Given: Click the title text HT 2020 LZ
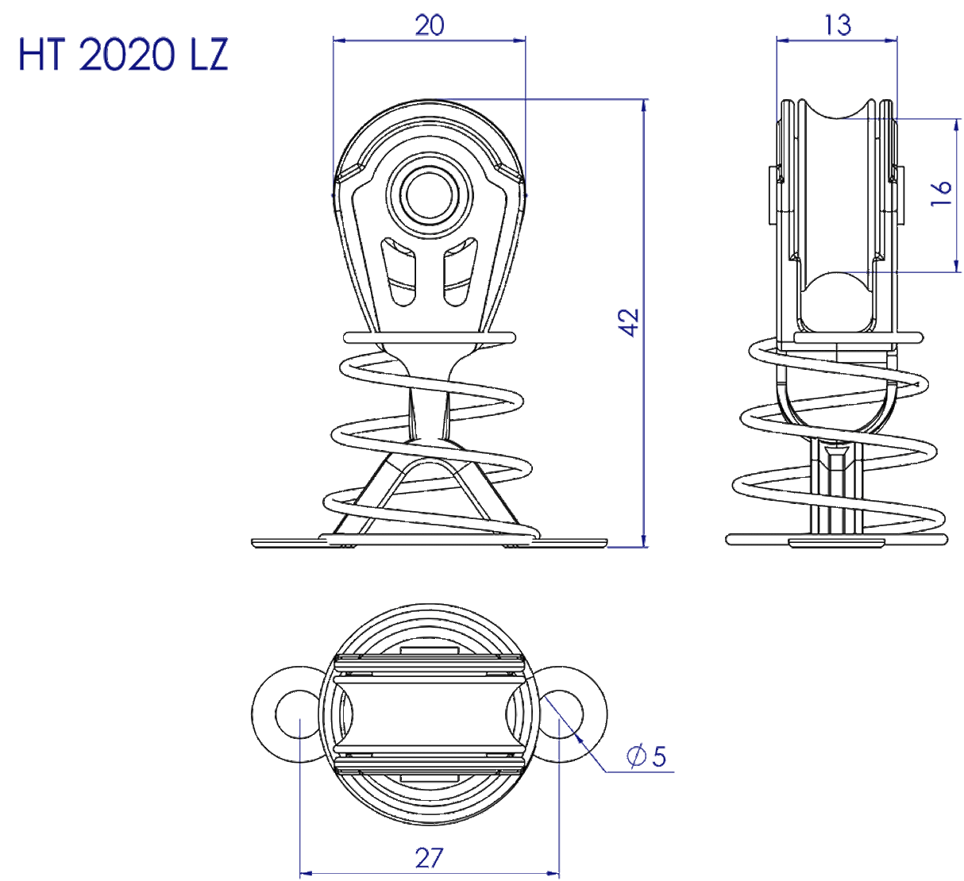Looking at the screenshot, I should click(x=123, y=56).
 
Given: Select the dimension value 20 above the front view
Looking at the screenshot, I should click(x=429, y=25).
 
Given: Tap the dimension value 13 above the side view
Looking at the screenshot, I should click(x=837, y=25).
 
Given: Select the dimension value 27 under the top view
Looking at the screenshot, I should click(x=429, y=857).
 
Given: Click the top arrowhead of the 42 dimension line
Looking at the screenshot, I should click(x=644, y=106).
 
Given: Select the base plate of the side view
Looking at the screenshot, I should click(x=837, y=540).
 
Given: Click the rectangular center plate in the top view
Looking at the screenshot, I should click(x=429, y=712).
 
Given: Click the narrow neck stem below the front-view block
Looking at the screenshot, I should click(x=429, y=413).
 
